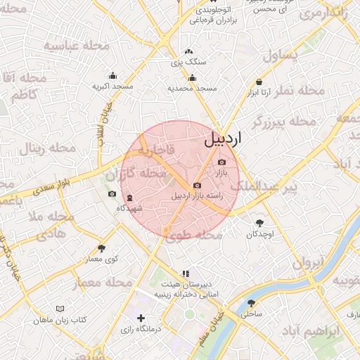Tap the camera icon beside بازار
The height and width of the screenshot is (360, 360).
[x=222, y=162]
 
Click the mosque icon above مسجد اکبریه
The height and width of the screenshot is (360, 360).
[x=112, y=76]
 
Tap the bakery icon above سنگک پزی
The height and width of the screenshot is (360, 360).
[x=188, y=52]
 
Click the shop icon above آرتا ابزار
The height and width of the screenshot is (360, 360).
[x=259, y=82]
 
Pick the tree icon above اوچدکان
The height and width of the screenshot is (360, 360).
[x=259, y=223]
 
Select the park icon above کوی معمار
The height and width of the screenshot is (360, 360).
[x=102, y=248]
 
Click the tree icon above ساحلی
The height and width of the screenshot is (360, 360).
[x=251, y=303]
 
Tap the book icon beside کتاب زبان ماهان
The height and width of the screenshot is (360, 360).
[x=60, y=309]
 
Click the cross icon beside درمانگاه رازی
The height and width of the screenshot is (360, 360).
[x=142, y=318]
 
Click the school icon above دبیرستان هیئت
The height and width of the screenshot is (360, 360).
[x=186, y=274]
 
